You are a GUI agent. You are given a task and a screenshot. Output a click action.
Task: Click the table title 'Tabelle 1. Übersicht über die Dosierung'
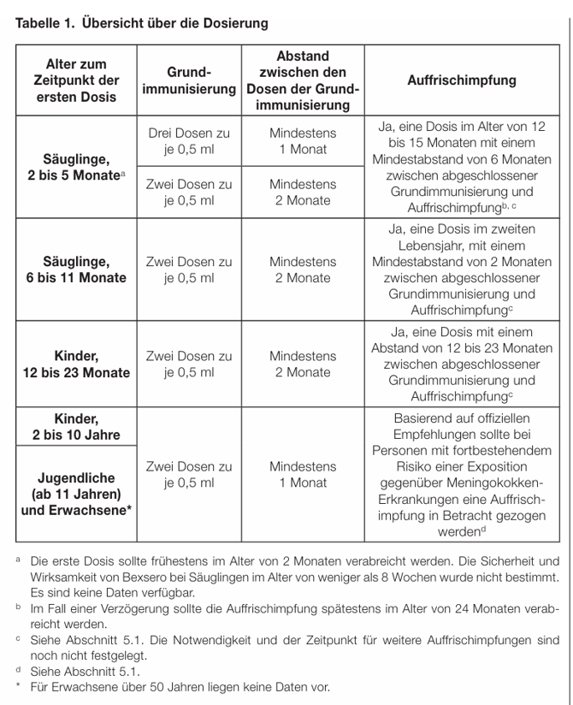(x=142, y=21)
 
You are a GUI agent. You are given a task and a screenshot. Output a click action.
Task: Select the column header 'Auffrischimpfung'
(x=462, y=80)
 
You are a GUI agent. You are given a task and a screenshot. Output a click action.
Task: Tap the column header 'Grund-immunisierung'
(x=189, y=81)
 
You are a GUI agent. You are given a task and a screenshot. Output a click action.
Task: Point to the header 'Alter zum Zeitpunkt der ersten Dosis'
(x=76, y=80)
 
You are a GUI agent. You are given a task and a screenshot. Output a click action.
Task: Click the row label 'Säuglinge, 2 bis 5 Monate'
(x=76, y=167)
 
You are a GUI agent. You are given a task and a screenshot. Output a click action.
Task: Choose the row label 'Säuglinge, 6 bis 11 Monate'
(x=76, y=270)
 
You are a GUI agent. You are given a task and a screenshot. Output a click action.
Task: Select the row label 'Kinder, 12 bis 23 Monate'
(x=76, y=364)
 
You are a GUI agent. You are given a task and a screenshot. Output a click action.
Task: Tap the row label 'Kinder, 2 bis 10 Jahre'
(x=76, y=426)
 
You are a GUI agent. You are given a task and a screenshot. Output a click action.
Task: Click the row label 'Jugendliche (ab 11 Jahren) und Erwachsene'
(x=76, y=495)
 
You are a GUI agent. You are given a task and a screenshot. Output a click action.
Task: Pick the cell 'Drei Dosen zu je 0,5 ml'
(x=189, y=141)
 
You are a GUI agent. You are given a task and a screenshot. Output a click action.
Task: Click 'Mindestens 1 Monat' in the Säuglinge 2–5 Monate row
(x=303, y=141)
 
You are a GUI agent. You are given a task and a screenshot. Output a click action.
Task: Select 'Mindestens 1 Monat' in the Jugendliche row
(x=303, y=475)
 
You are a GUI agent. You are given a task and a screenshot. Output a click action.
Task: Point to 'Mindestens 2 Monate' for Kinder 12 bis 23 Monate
(x=303, y=364)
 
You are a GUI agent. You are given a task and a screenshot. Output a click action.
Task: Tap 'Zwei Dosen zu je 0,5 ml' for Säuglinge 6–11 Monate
(x=189, y=270)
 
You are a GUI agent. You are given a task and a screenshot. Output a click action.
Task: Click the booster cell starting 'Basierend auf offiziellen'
(x=462, y=475)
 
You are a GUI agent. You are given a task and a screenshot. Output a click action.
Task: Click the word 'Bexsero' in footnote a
(x=157, y=578)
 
